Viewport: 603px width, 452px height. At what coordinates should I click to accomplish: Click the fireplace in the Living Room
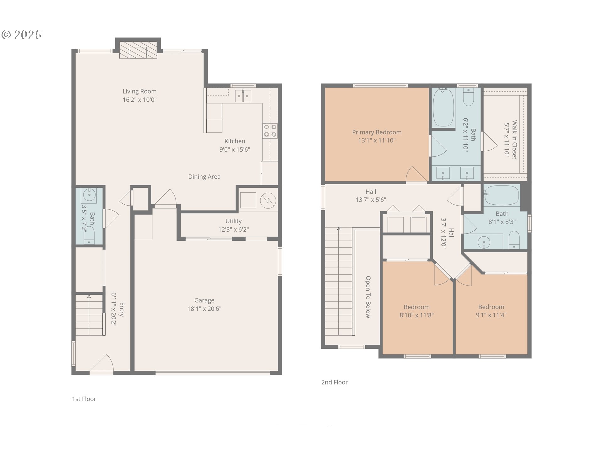point(138,50)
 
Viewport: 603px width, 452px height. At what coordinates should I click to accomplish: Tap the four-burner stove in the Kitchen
point(270,131)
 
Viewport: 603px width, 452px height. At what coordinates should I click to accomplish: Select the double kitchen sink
point(243,96)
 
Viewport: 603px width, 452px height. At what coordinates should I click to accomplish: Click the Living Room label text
point(139,91)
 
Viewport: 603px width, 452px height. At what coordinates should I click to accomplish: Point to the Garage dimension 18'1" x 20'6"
point(204,309)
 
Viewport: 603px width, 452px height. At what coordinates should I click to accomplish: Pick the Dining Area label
point(204,177)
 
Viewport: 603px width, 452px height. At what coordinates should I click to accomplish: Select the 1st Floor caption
point(84,399)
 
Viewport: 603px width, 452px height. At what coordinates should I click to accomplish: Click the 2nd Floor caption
point(334,382)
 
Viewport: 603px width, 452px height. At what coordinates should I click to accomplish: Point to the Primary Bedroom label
point(377,132)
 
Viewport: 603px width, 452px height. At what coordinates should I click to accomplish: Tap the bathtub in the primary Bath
point(443,107)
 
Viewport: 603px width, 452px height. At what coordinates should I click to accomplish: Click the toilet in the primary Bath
point(469,97)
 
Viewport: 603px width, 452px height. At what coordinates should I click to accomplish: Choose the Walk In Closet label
point(514,140)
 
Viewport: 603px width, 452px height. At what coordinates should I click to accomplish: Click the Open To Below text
point(368,297)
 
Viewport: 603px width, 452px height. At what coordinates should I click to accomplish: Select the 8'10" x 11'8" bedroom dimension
point(417,315)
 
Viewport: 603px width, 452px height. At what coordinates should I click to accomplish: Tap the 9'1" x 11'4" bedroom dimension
point(491,315)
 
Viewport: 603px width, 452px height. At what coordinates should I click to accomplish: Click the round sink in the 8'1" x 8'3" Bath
point(484,242)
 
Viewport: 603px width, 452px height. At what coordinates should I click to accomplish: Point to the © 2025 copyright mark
point(22,35)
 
